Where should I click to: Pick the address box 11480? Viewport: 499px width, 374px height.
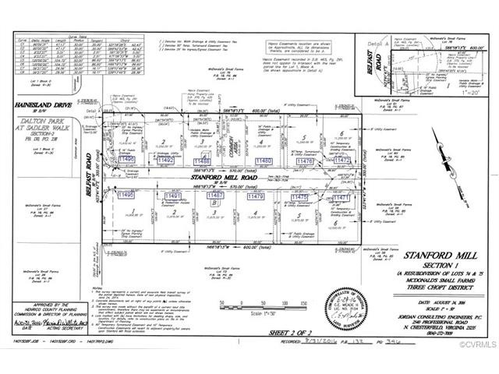(x=263, y=161)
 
